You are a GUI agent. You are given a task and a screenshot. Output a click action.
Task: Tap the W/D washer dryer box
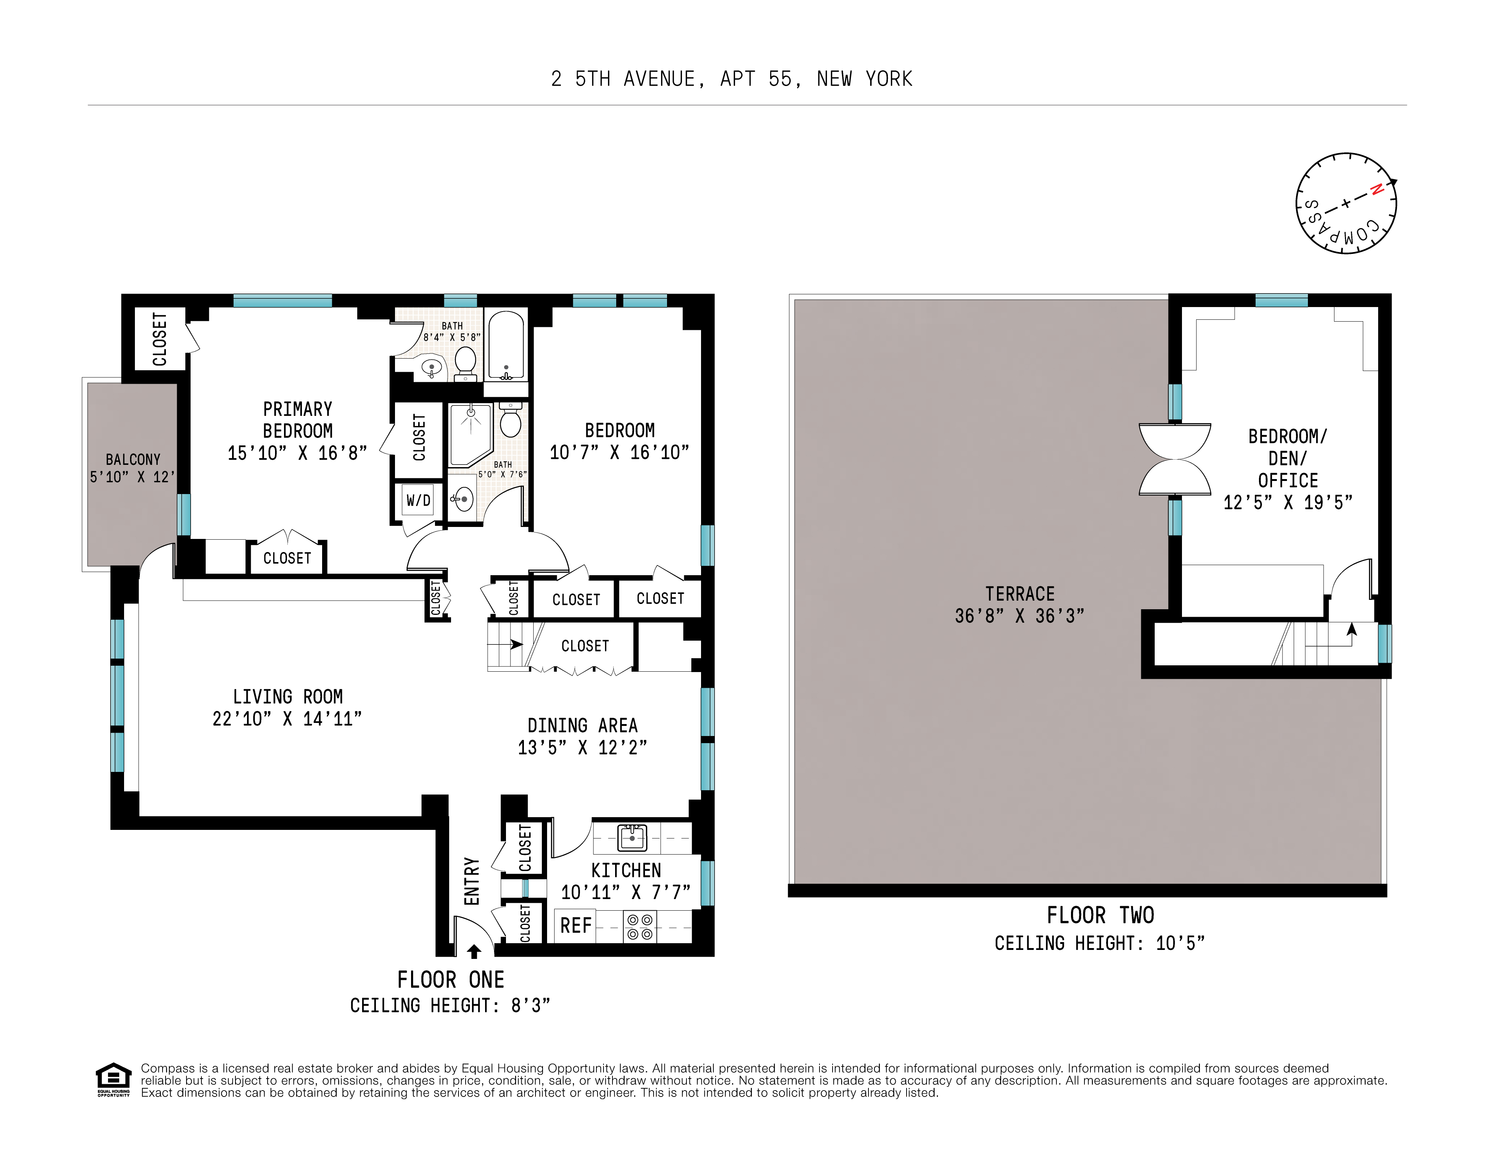pos(418,500)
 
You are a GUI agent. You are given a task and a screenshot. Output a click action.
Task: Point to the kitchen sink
pos(632,837)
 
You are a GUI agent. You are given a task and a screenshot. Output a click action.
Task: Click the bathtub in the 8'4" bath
pos(506,346)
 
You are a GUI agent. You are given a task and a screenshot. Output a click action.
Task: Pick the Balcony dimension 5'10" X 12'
pos(132,477)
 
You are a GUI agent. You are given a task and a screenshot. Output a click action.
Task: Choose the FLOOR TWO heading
pos(1100,915)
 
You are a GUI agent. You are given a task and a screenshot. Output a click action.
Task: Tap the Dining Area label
pos(582,726)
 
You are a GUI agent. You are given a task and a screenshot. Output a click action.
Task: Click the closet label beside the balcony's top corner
pos(160,339)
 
